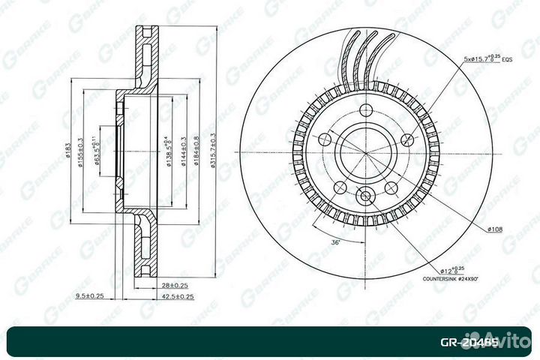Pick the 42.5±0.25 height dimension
point(177,296)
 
